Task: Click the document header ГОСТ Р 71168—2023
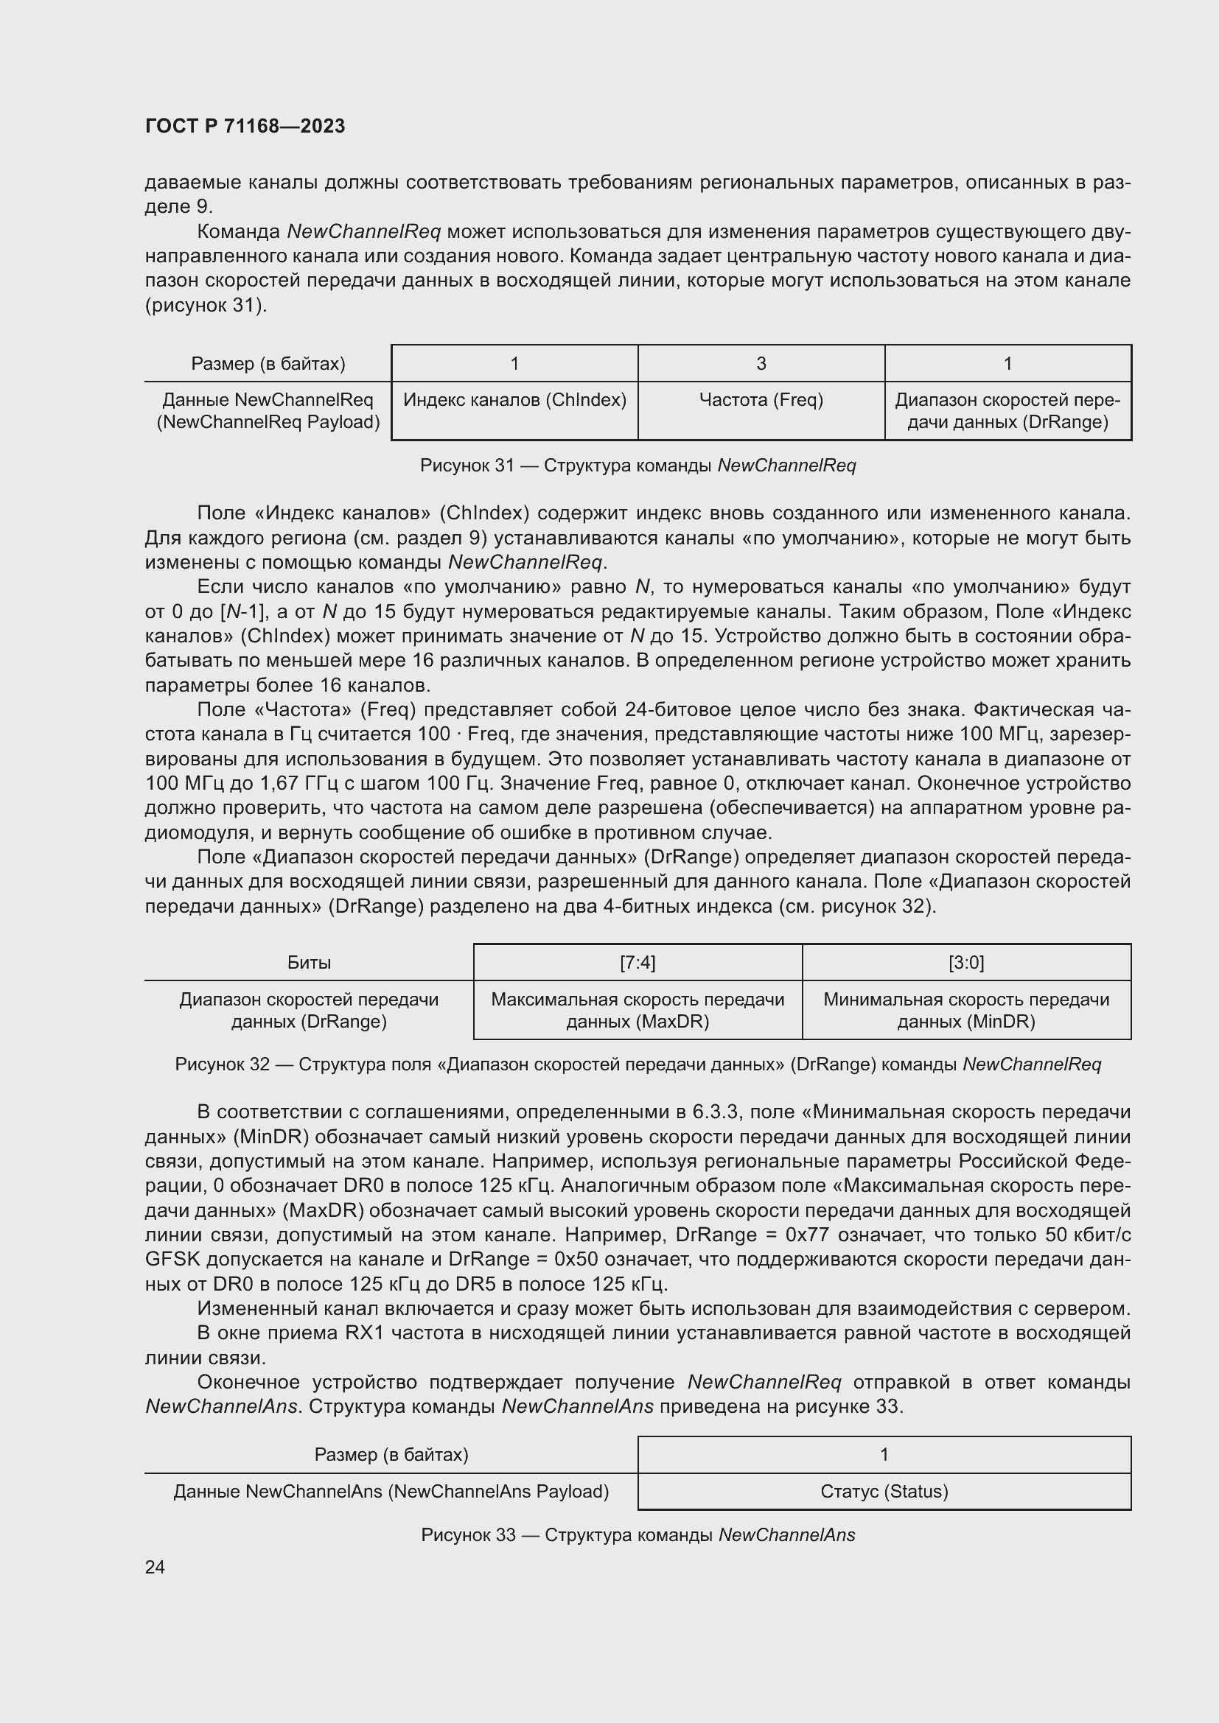[245, 126]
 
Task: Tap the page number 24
[155, 1567]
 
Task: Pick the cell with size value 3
[761, 364]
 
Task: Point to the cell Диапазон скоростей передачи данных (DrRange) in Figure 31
[1007, 410]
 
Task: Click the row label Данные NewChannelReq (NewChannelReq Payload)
[268, 410]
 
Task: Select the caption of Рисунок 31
[638, 466]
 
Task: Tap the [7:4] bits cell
[638, 962]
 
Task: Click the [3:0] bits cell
[966, 962]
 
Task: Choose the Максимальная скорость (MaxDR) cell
[638, 1010]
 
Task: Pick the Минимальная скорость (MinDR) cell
[966, 1010]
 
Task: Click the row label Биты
[309, 962]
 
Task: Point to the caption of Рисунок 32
[638, 1064]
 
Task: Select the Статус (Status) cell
[884, 1491]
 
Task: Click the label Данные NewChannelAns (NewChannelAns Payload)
[391, 1491]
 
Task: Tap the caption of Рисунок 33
[638, 1534]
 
